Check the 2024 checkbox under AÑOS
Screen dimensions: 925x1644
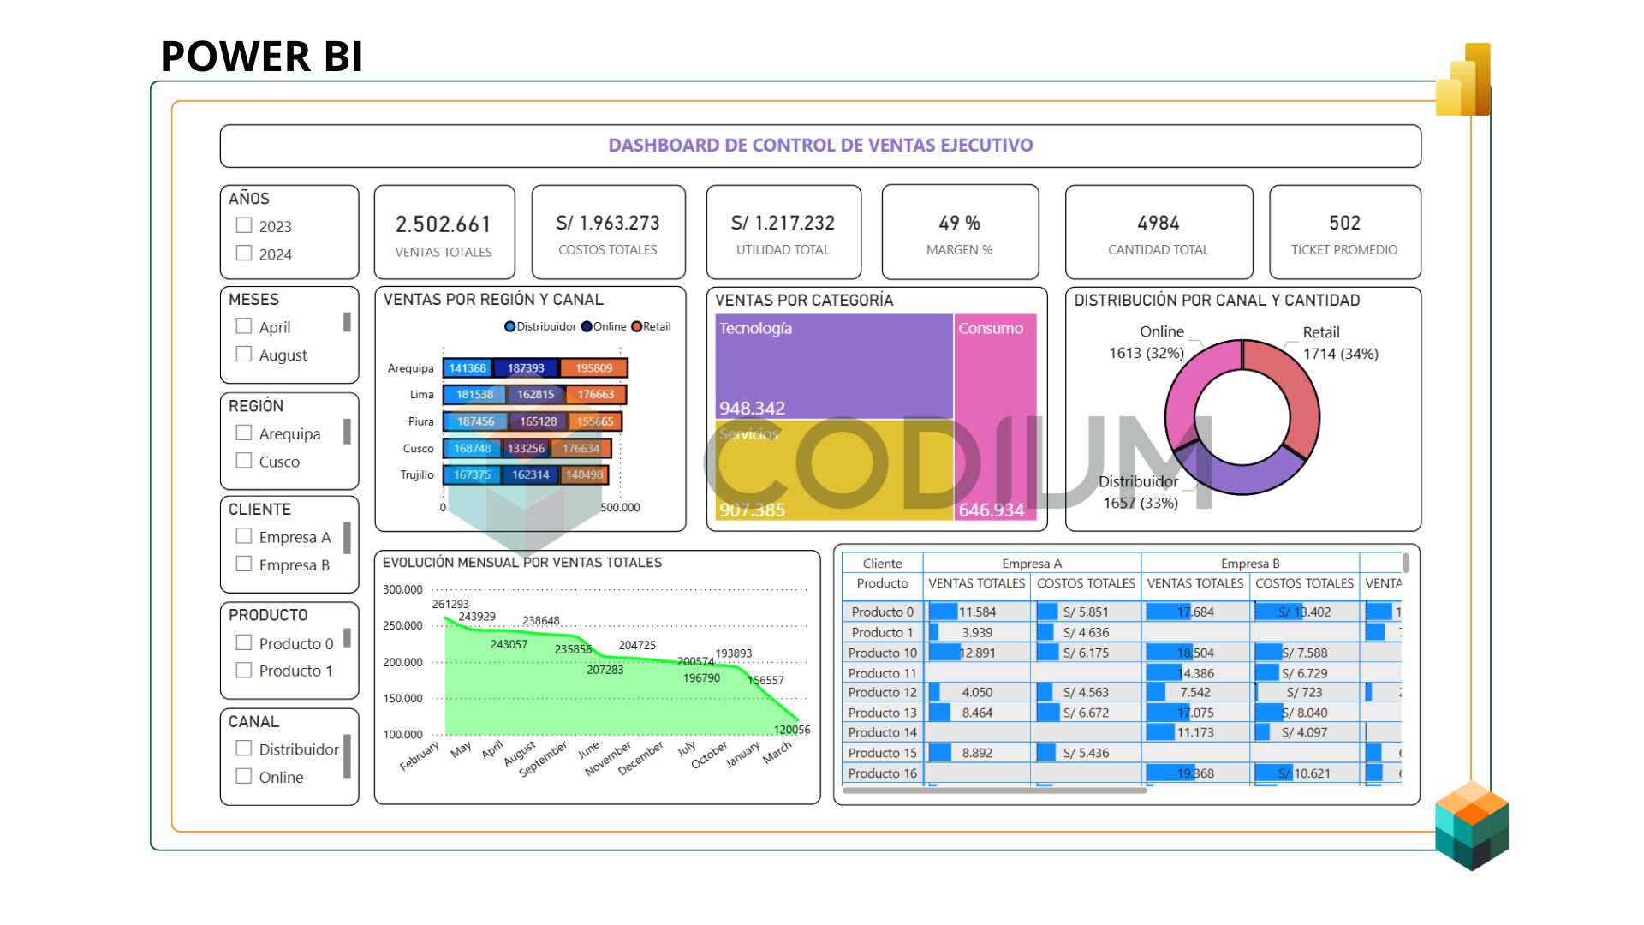(x=244, y=254)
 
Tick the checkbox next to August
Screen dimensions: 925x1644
(x=244, y=354)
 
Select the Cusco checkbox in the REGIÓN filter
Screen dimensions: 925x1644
(x=244, y=461)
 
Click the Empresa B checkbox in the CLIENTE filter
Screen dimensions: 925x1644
(x=244, y=564)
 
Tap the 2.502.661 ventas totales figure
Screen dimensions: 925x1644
(x=444, y=224)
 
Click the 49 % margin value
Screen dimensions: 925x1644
(x=959, y=223)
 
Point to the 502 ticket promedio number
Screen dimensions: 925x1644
(x=1344, y=223)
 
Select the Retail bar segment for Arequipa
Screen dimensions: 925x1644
(x=593, y=368)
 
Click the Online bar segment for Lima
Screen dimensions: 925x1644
(x=535, y=395)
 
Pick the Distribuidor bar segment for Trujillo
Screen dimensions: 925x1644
(x=472, y=474)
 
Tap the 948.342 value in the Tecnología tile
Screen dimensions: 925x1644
(x=752, y=408)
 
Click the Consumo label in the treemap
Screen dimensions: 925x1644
(x=991, y=328)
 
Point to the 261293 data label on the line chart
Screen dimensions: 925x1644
(x=450, y=604)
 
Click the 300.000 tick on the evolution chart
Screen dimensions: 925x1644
(x=402, y=589)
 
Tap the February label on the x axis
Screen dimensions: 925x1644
(x=420, y=755)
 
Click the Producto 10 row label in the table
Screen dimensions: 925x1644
(x=882, y=653)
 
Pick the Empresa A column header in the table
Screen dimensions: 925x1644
(x=1032, y=564)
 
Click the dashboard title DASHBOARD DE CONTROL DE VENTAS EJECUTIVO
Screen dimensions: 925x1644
(x=820, y=146)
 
